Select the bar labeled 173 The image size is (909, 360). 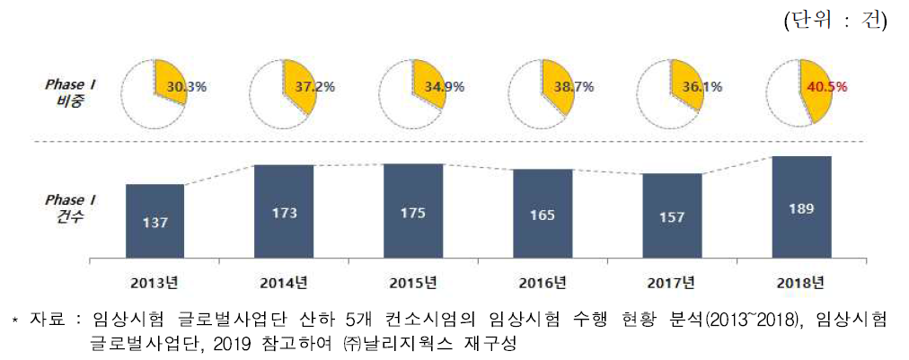[x=284, y=213]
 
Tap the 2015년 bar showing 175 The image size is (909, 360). [x=413, y=213]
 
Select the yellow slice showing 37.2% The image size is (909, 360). [x=299, y=85]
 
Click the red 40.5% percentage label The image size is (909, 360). [x=827, y=88]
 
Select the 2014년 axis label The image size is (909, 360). [x=284, y=283]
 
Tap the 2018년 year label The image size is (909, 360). [x=801, y=283]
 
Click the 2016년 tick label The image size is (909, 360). [x=543, y=283]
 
